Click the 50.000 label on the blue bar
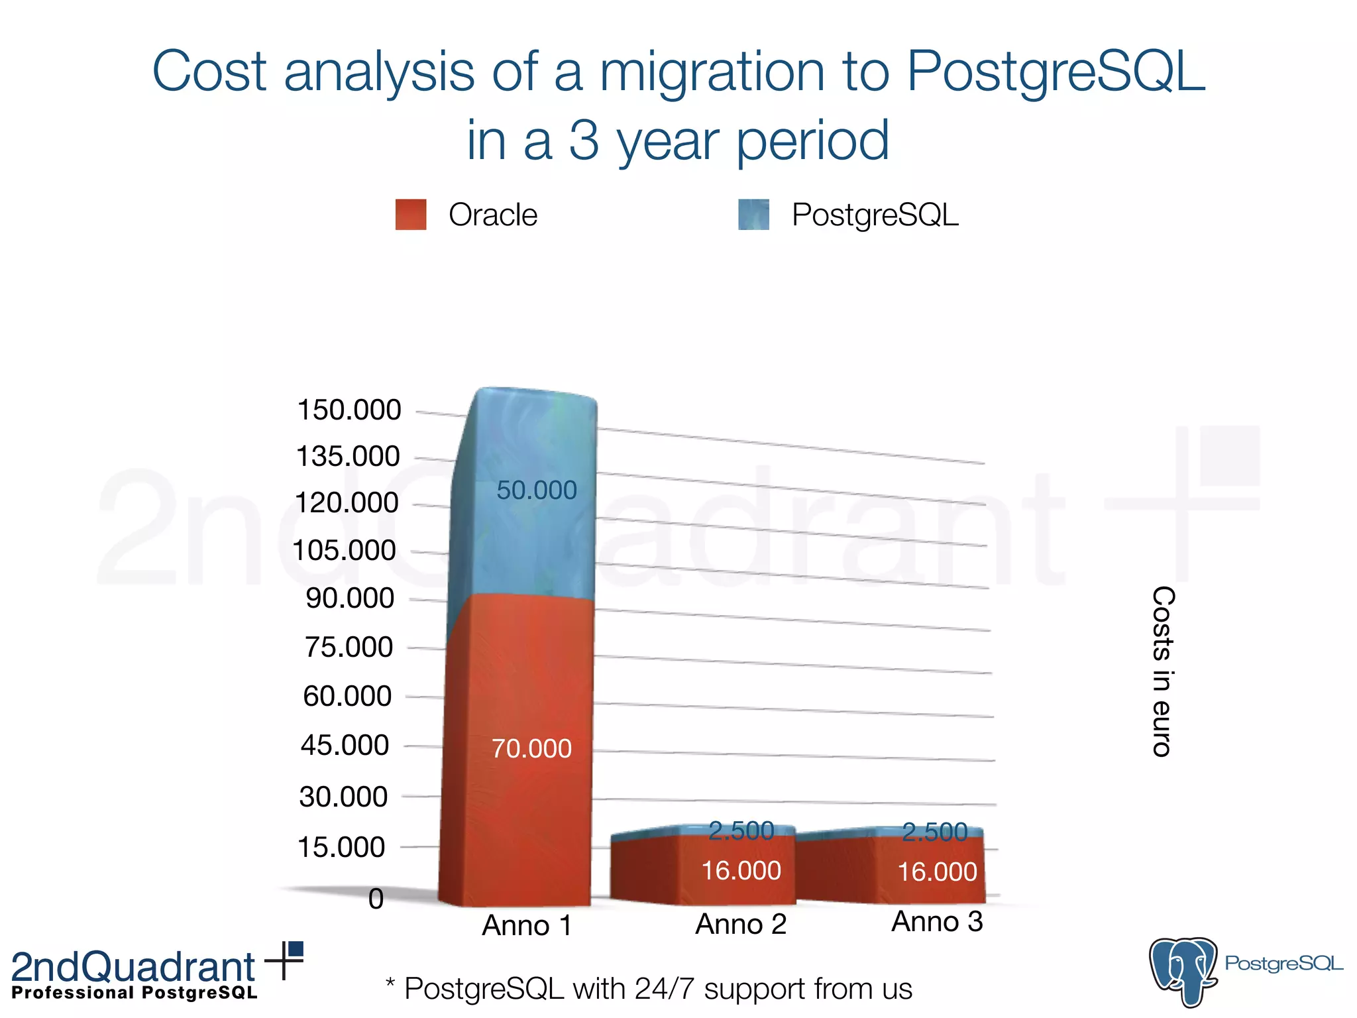537,490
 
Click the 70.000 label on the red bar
531,749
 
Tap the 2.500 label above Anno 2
741,831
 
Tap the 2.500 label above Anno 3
934,832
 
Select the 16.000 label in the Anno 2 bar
741,871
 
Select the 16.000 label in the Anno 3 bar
937,872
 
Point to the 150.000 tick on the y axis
349,410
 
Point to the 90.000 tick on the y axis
350,598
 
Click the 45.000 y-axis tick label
345,746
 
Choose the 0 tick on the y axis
376,899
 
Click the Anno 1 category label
527,925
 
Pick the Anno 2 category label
741,924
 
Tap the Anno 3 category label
937,922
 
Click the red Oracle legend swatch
411,215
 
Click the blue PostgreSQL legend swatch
754,215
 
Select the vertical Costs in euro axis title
1163,671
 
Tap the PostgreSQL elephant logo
1183,971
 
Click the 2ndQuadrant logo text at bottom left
133,968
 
